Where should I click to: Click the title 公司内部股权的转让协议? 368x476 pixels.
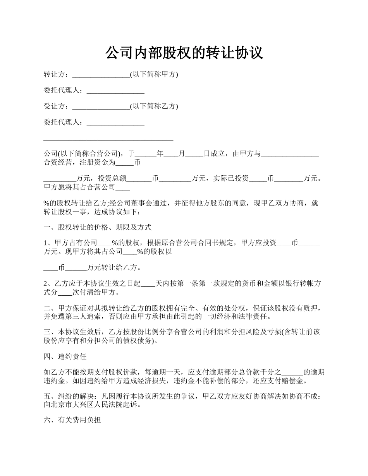184,53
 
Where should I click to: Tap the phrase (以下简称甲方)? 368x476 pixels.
154,75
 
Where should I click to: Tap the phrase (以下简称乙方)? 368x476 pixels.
154,106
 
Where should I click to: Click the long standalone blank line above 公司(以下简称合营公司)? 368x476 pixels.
108,139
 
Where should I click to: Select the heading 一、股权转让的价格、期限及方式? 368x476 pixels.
97,227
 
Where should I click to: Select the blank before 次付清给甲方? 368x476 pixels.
65,292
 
